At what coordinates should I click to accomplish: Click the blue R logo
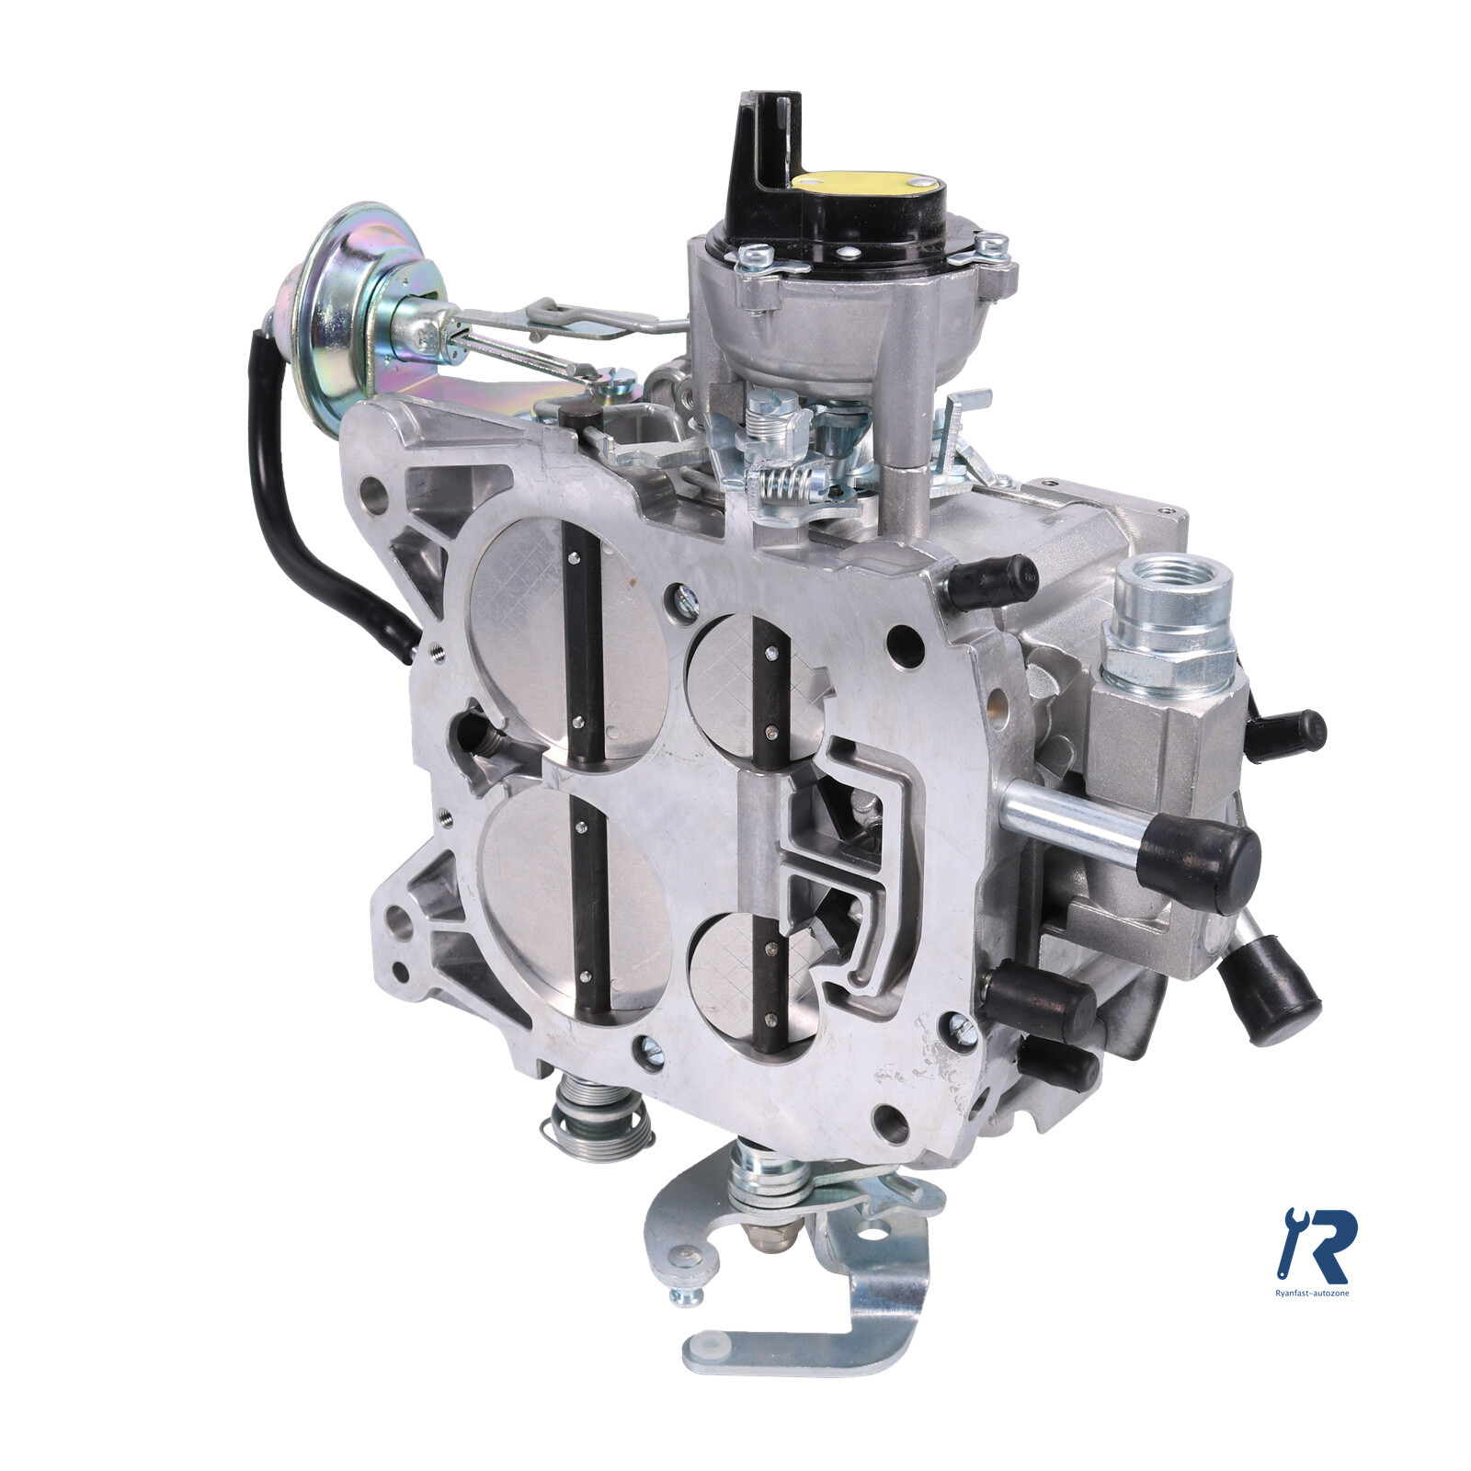coord(1320,1246)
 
